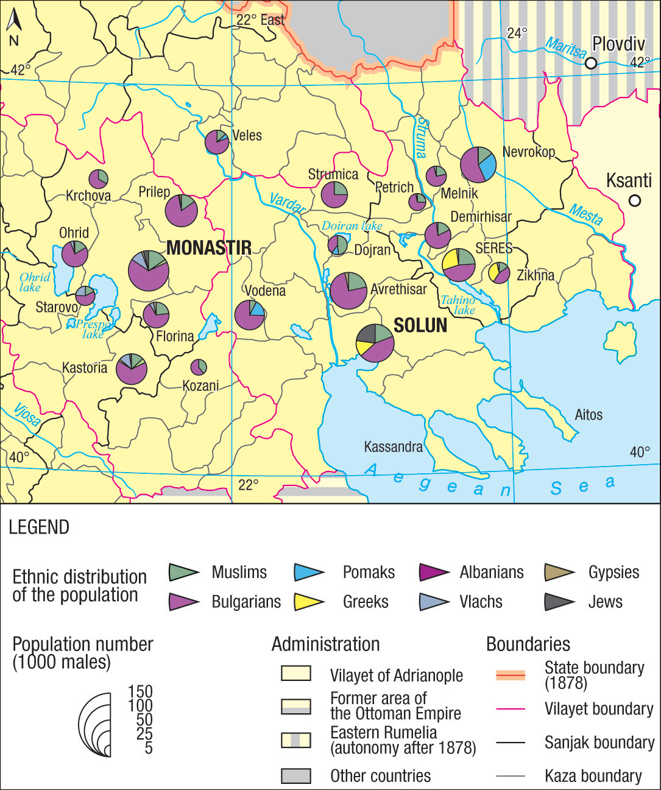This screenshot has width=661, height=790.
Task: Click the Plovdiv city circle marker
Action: tap(590, 63)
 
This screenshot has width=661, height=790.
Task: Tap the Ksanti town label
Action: tap(629, 181)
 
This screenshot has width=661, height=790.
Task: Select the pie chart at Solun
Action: tap(375, 343)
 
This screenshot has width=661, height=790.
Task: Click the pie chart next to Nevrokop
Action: tap(478, 164)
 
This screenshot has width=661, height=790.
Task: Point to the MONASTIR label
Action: tap(208, 248)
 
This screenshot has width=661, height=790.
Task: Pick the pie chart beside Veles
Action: tap(216, 142)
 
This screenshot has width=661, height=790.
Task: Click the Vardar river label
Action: tap(287, 203)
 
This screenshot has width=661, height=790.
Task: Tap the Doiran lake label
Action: tap(352, 226)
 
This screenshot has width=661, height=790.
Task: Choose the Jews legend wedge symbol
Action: tap(559, 602)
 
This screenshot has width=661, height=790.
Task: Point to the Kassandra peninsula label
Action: tap(393, 447)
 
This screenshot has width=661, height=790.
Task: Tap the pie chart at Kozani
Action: tap(199, 367)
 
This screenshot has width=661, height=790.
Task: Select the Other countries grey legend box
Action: tap(296, 776)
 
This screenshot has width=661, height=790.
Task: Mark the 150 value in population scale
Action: tap(140, 691)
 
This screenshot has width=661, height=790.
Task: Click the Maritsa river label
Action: tap(565, 48)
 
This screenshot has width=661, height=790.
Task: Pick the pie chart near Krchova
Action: tap(98, 179)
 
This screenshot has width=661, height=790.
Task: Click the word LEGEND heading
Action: tap(39, 527)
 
